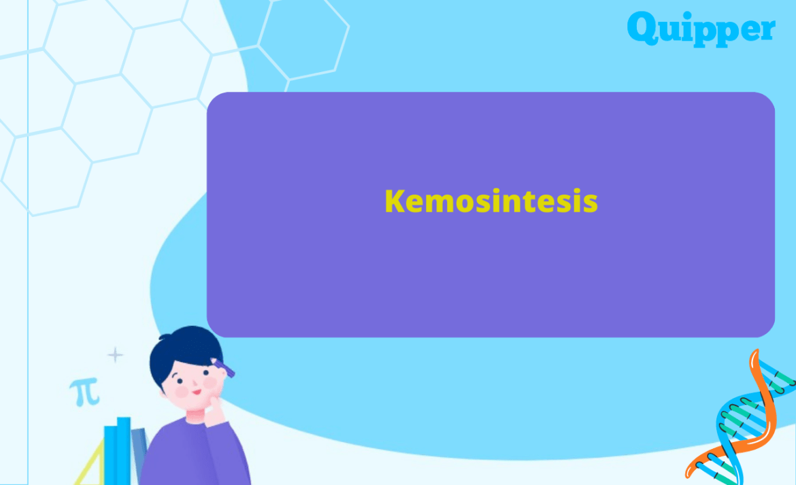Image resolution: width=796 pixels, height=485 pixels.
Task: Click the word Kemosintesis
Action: point(491,201)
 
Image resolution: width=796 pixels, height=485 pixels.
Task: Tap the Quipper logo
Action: point(701,29)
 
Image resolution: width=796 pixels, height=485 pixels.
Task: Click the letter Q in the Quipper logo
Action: point(642,27)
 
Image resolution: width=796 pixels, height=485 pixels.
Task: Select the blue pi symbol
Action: point(84,392)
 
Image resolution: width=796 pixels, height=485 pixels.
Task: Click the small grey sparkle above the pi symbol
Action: point(116,355)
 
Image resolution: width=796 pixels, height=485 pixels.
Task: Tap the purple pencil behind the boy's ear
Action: point(225,368)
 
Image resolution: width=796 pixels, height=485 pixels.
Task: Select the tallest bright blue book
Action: point(123,449)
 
